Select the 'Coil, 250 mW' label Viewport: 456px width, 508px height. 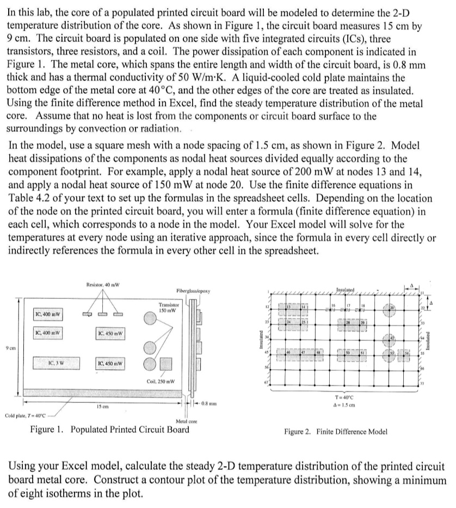tap(161, 381)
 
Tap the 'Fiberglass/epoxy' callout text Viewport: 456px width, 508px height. tap(191, 291)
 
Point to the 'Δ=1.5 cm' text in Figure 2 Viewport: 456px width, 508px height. tap(349, 406)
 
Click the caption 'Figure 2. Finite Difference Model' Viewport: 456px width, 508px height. tap(336, 432)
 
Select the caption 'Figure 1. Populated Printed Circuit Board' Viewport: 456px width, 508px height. tap(110, 429)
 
